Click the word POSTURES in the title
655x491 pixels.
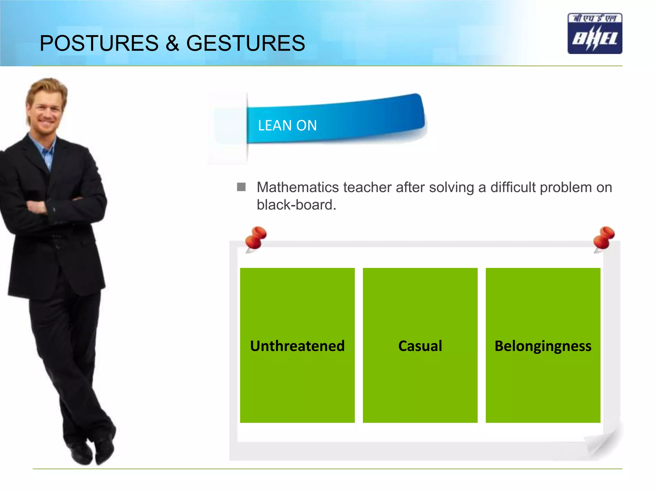99,43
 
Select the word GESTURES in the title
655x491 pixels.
245,43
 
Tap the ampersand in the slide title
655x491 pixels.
172,43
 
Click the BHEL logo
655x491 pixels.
595,34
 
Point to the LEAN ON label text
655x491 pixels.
287,125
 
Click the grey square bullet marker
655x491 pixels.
241,187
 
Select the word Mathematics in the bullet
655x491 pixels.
297,188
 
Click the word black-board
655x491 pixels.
296,205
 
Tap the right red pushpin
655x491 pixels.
604,238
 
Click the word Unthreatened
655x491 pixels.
297,346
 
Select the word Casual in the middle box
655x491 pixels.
420,346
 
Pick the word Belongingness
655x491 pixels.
543,346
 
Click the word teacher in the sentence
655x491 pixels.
367,188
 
